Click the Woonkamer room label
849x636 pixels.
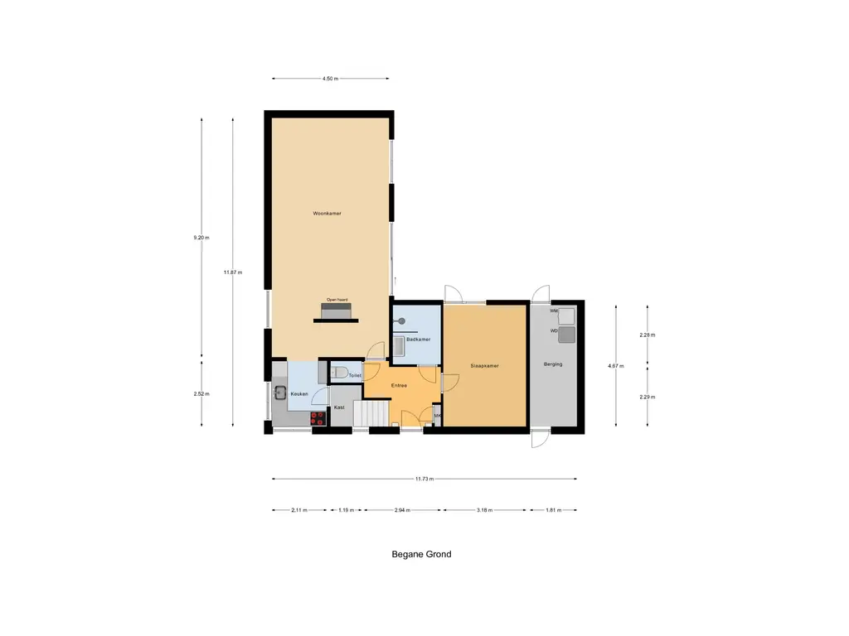pos(327,214)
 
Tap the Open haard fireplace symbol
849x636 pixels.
pos(337,311)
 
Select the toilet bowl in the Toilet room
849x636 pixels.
pos(337,373)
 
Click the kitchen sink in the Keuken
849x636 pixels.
pos(280,393)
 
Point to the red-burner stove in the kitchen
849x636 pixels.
pos(318,418)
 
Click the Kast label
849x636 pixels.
pos(339,407)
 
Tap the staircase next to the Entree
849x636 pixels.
pos(371,412)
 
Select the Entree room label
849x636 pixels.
pos(399,385)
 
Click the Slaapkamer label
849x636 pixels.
pos(484,365)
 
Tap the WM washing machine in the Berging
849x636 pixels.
pos(567,316)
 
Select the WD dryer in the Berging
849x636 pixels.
pos(567,335)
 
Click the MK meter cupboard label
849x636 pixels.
pos(437,416)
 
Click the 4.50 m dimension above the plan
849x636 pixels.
pos(331,79)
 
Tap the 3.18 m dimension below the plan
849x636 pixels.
pos(485,510)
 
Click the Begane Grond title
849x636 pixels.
pos(421,554)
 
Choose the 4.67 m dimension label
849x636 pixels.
pos(615,365)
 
